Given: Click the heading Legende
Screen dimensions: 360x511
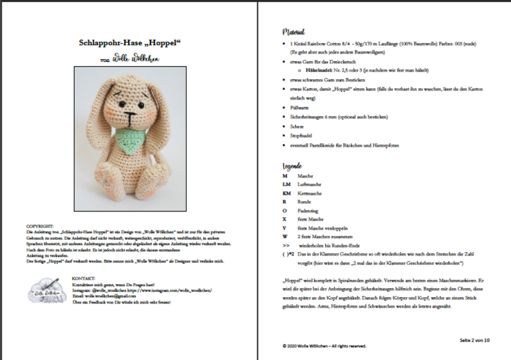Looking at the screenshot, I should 294,165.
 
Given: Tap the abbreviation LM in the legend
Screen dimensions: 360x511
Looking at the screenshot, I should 286,183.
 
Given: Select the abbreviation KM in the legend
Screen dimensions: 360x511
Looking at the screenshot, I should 286,192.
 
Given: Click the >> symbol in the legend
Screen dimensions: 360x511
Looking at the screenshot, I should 285,245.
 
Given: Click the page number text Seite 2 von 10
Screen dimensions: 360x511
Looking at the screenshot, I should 474,339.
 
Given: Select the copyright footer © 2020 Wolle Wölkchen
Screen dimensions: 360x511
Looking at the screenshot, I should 324,346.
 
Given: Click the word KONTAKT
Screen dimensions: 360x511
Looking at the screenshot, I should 84,277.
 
